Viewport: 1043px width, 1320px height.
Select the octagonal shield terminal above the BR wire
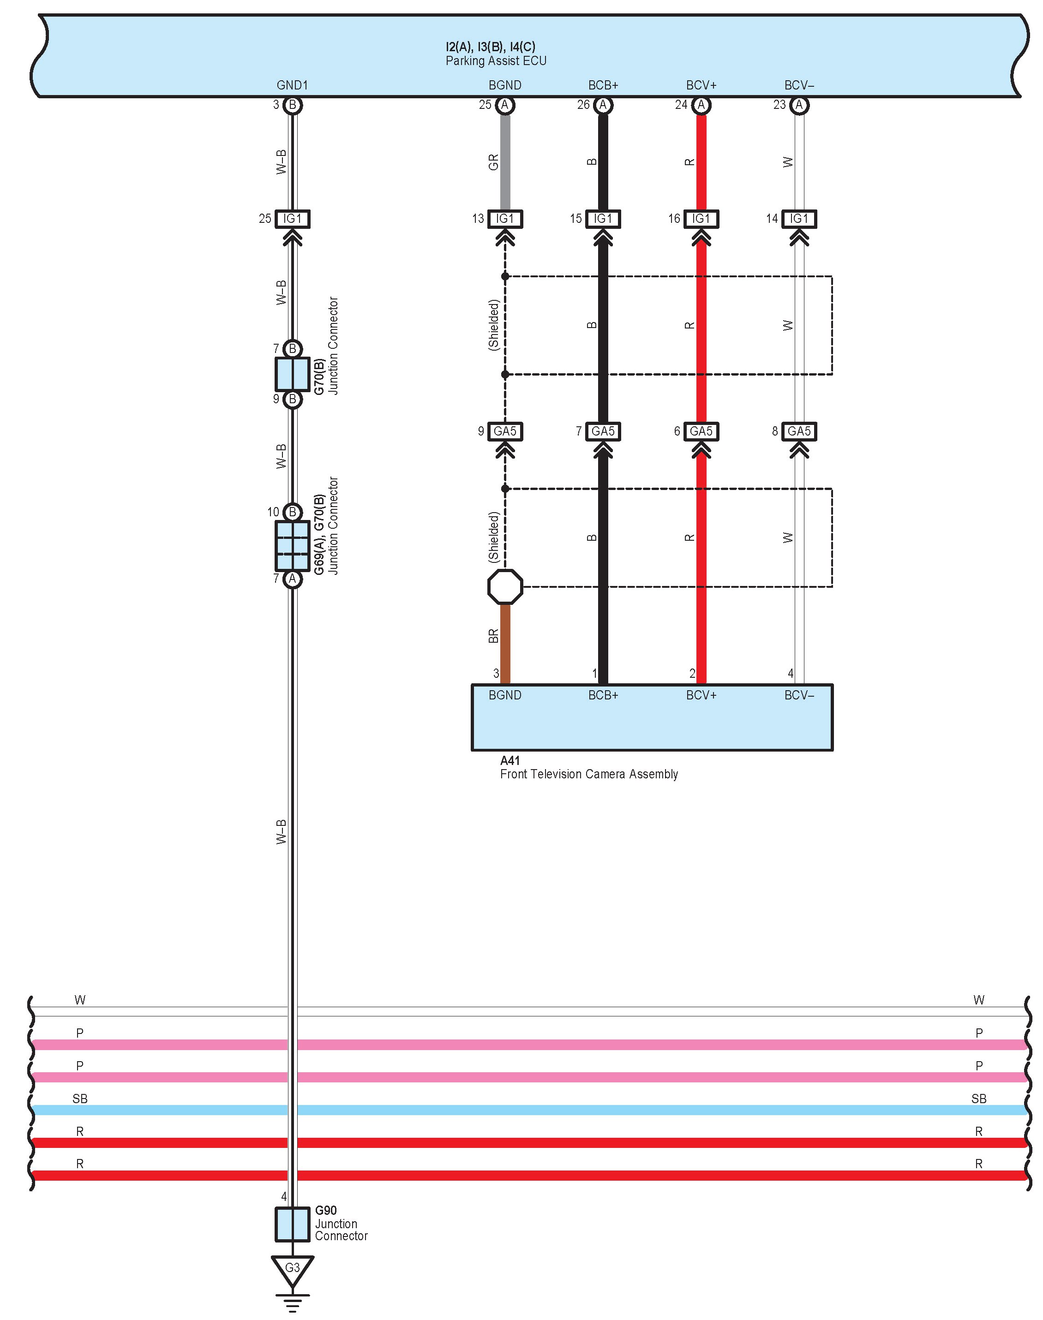[x=505, y=587]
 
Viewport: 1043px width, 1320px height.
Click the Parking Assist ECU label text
[x=496, y=61]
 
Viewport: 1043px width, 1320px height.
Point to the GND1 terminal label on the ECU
[x=293, y=85]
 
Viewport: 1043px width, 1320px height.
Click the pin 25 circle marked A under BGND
[x=505, y=105]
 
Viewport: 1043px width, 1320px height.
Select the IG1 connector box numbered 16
[x=701, y=219]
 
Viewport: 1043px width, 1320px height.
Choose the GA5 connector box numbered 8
[x=799, y=431]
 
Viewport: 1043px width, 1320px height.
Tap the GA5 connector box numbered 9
[x=505, y=431]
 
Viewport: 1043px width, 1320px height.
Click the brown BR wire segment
[x=505, y=644]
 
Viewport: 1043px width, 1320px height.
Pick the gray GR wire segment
[x=505, y=162]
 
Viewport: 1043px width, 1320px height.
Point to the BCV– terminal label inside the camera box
[x=799, y=695]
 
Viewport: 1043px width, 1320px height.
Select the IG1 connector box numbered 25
[x=293, y=219]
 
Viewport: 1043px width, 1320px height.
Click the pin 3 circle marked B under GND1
[x=293, y=105]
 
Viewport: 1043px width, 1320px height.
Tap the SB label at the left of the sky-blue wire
[x=80, y=1099]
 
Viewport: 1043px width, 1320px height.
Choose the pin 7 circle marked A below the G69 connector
[x=293, y=578]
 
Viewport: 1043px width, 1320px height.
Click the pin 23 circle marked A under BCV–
[x=799, y=105]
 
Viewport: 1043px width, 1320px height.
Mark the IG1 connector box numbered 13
[x=505, y=219]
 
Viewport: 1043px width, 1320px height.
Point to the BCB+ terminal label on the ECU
[x=603, y=85]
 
